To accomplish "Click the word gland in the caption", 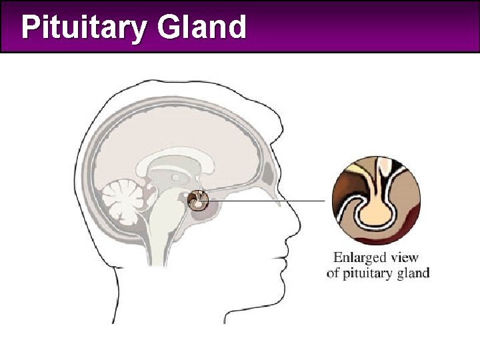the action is [413, 273].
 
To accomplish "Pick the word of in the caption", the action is [333, 273].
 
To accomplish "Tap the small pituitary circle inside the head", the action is [199, 199].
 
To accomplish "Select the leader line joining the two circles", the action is [267, 200].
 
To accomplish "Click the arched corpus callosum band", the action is [180, 154].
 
